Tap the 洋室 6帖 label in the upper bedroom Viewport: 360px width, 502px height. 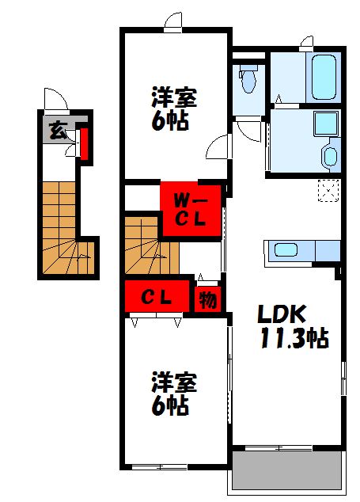pos(174,112)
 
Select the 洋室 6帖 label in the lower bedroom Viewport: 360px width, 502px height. pos(174,394)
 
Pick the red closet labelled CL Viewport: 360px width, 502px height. pos(158,298)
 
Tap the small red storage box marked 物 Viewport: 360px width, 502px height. pos(208,300)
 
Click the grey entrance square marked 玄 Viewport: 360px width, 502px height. pos(58,131)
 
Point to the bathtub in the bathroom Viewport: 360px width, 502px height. pos(324,76)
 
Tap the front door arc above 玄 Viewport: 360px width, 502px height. pos(55,101)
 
